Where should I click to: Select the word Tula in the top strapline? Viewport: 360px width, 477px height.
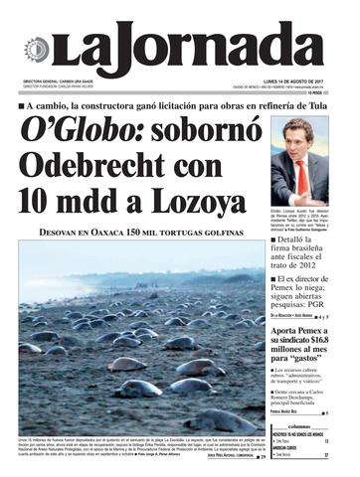click(323, 102)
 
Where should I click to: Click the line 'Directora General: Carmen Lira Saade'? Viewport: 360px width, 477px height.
click(65, 82)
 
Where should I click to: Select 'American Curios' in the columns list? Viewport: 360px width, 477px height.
click(291, 449)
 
